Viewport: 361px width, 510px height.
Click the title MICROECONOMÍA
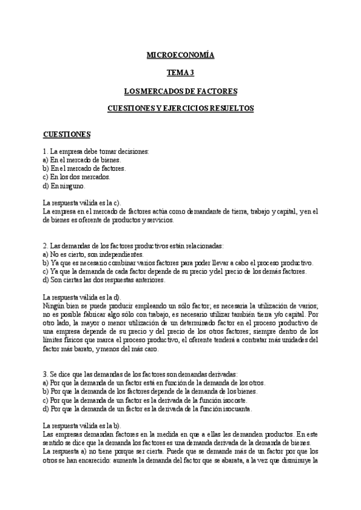point(180,55)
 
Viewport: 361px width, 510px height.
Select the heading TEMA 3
point(180,73)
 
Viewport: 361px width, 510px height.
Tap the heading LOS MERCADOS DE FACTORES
point(180,91)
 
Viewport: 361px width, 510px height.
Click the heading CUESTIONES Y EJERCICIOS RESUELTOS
point(180,109)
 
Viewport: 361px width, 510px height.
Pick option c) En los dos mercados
point(76,177)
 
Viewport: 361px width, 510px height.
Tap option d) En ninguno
point(68,186)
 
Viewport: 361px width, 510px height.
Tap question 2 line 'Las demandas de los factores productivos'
point(133,246)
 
